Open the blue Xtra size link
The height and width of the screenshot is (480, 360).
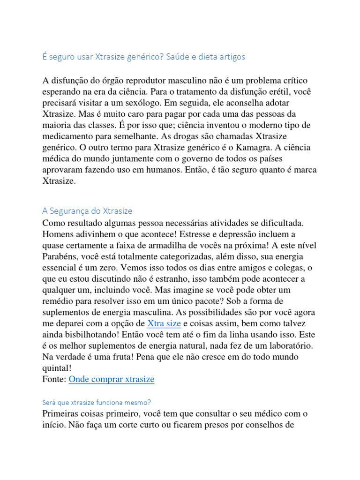tap(164, 323)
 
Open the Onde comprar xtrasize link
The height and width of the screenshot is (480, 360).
tap(111, 379)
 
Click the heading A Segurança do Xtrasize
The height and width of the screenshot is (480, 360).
tap(90, 211)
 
